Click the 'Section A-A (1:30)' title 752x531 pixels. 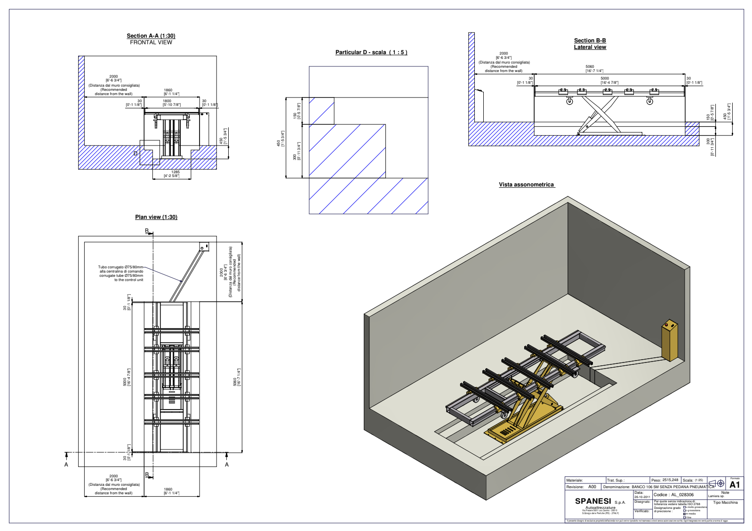[x=151, y=36]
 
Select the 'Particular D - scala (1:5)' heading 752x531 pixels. [x=371, y=52]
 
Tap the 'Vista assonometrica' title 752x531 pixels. [x=526, y=185]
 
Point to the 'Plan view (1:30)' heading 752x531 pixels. [x=156, y=217]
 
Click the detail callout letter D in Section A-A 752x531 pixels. [x=136, y=153]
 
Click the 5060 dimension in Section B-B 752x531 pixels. [x=590, y=67]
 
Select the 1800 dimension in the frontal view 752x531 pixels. [x=167, y=101]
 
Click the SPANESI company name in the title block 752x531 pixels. [x=593, y=501]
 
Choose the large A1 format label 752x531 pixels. [x=735, y=485]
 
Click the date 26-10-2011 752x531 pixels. [x=642, y=497]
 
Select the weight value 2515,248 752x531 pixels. [x=670, y=480]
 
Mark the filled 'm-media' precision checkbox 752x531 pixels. [x=685, y=514]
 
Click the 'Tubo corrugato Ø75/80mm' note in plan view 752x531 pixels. [x=120, y=267]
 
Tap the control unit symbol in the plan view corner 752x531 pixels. [x=204, y=247]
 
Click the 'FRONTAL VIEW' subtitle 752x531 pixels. [x=151, y=42]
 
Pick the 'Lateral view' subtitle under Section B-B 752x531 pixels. [x=590, y=47]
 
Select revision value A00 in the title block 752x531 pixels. [x=592, y=487]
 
